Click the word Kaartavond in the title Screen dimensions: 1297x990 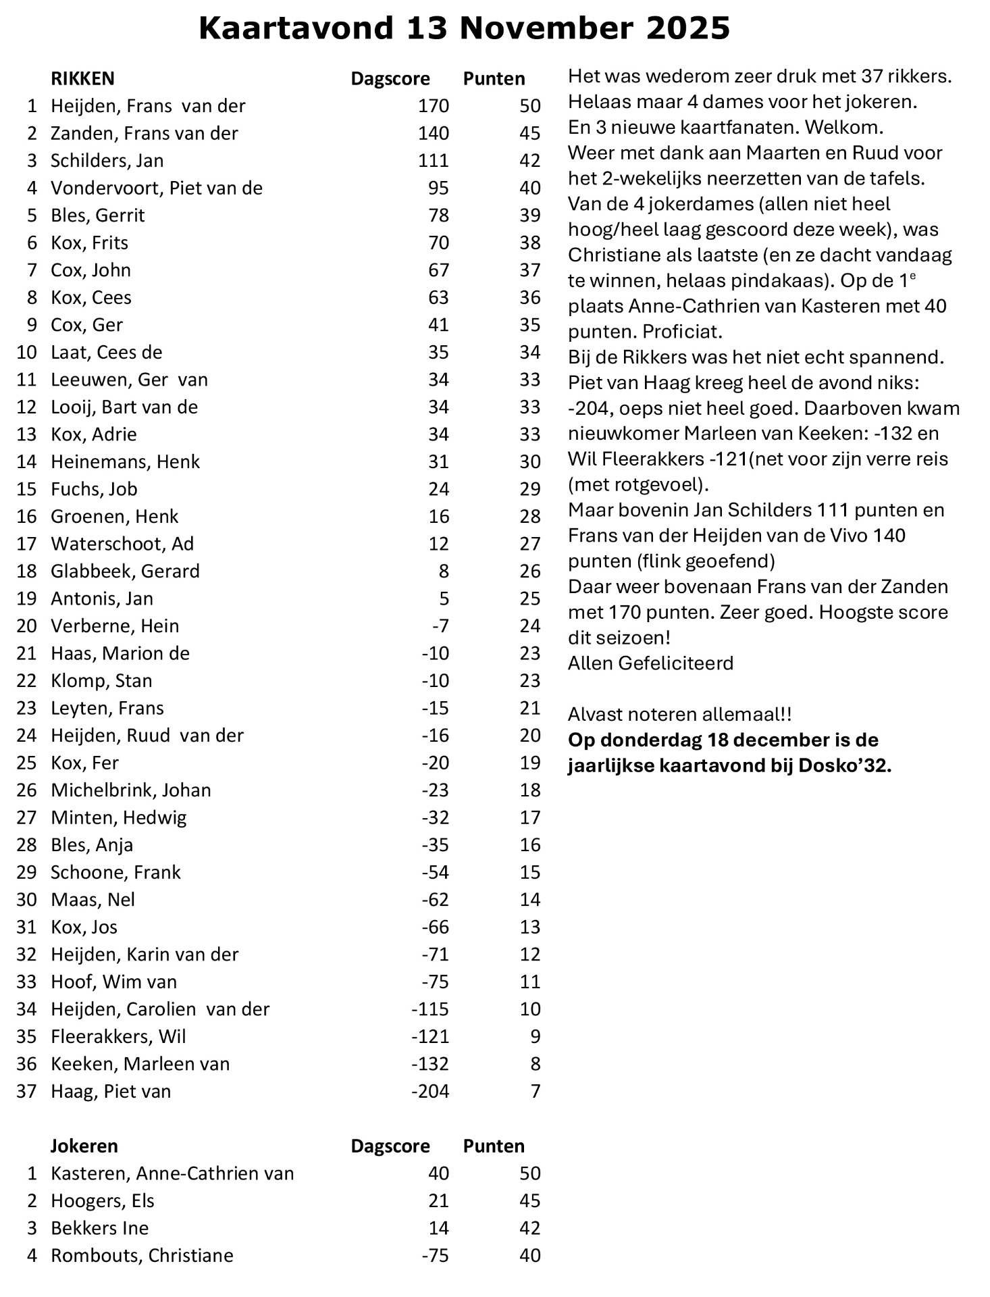[296, 28]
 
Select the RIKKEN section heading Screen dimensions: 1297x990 [82, 78]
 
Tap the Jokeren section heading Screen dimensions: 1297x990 [84, 1146]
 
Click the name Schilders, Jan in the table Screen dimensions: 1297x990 [107, 161]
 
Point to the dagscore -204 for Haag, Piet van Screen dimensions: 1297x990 [430, 1091]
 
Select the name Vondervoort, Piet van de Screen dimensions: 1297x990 [157, 188]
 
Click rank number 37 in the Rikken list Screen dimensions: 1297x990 [26, 1091]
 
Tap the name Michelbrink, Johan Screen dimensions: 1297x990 [131, 790]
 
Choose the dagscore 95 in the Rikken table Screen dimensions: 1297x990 [438, 188]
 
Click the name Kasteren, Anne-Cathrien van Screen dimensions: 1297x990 [172, 1173]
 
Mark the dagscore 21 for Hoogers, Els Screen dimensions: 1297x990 [438, 1200]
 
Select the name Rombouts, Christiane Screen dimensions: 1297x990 [142, 1255]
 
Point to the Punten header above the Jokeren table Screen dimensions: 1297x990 [494, 1146]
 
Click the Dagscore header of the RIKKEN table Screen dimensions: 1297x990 [390, 78]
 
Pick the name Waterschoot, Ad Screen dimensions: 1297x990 [122, 544]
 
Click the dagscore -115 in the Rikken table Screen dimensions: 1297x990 [430, 1009]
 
